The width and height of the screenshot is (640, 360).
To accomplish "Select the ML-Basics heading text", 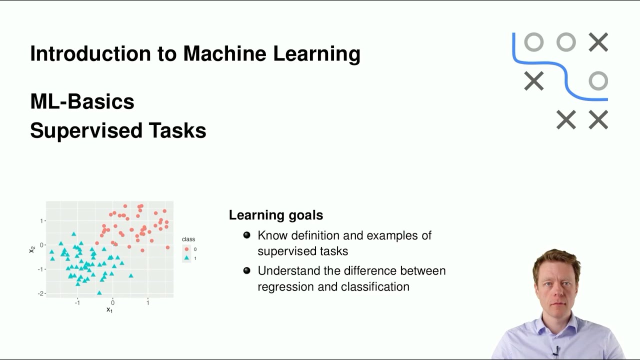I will point(82,101).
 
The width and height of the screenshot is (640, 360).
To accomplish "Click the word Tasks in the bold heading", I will point(177,130).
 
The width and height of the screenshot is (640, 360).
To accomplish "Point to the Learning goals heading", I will point(275,215).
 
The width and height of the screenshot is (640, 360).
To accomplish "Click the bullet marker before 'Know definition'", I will point(246,235).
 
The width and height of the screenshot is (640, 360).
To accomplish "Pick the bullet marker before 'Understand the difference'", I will point(246,270).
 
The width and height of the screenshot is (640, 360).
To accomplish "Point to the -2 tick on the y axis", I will point(40,293).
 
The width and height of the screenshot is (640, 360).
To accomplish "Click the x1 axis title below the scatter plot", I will point(109,310).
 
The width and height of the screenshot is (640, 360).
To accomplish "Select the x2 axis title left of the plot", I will point(32,248).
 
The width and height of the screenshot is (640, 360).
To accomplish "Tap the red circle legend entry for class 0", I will point(187,249).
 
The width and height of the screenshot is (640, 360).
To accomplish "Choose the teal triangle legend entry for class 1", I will point(187,258).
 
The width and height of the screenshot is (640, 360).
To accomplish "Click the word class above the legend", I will point(188,239).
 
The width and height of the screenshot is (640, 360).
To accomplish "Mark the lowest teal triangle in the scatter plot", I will point(99,293).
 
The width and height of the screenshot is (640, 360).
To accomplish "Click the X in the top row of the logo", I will point(598,42).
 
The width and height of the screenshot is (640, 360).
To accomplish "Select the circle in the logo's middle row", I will point(598,81).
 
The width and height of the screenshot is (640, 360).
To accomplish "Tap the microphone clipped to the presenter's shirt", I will point(556,351).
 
